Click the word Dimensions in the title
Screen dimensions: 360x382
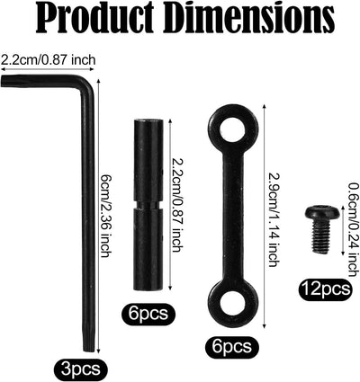pos(249,17)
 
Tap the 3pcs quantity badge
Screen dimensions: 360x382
pos(80,369)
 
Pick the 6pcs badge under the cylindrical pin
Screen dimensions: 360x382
pos(148,314)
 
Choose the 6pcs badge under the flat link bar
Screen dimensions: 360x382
pos(232,347)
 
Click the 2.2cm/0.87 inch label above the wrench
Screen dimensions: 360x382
pos(48,60)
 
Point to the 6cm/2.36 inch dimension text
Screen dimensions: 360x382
pos(106,216)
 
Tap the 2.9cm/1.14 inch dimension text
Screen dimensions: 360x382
pos(274,219)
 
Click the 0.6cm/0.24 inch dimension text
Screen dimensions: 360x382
pos(354,230)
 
